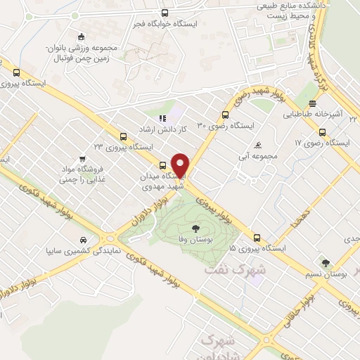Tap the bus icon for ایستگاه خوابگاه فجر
click(165, 13)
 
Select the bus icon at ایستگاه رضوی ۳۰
click(225, 115)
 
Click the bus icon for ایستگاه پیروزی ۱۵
click(257, 238)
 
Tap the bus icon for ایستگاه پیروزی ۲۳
click(124, 136)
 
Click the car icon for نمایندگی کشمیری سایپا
click(84, 239)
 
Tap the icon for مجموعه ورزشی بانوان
click(81, 37)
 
